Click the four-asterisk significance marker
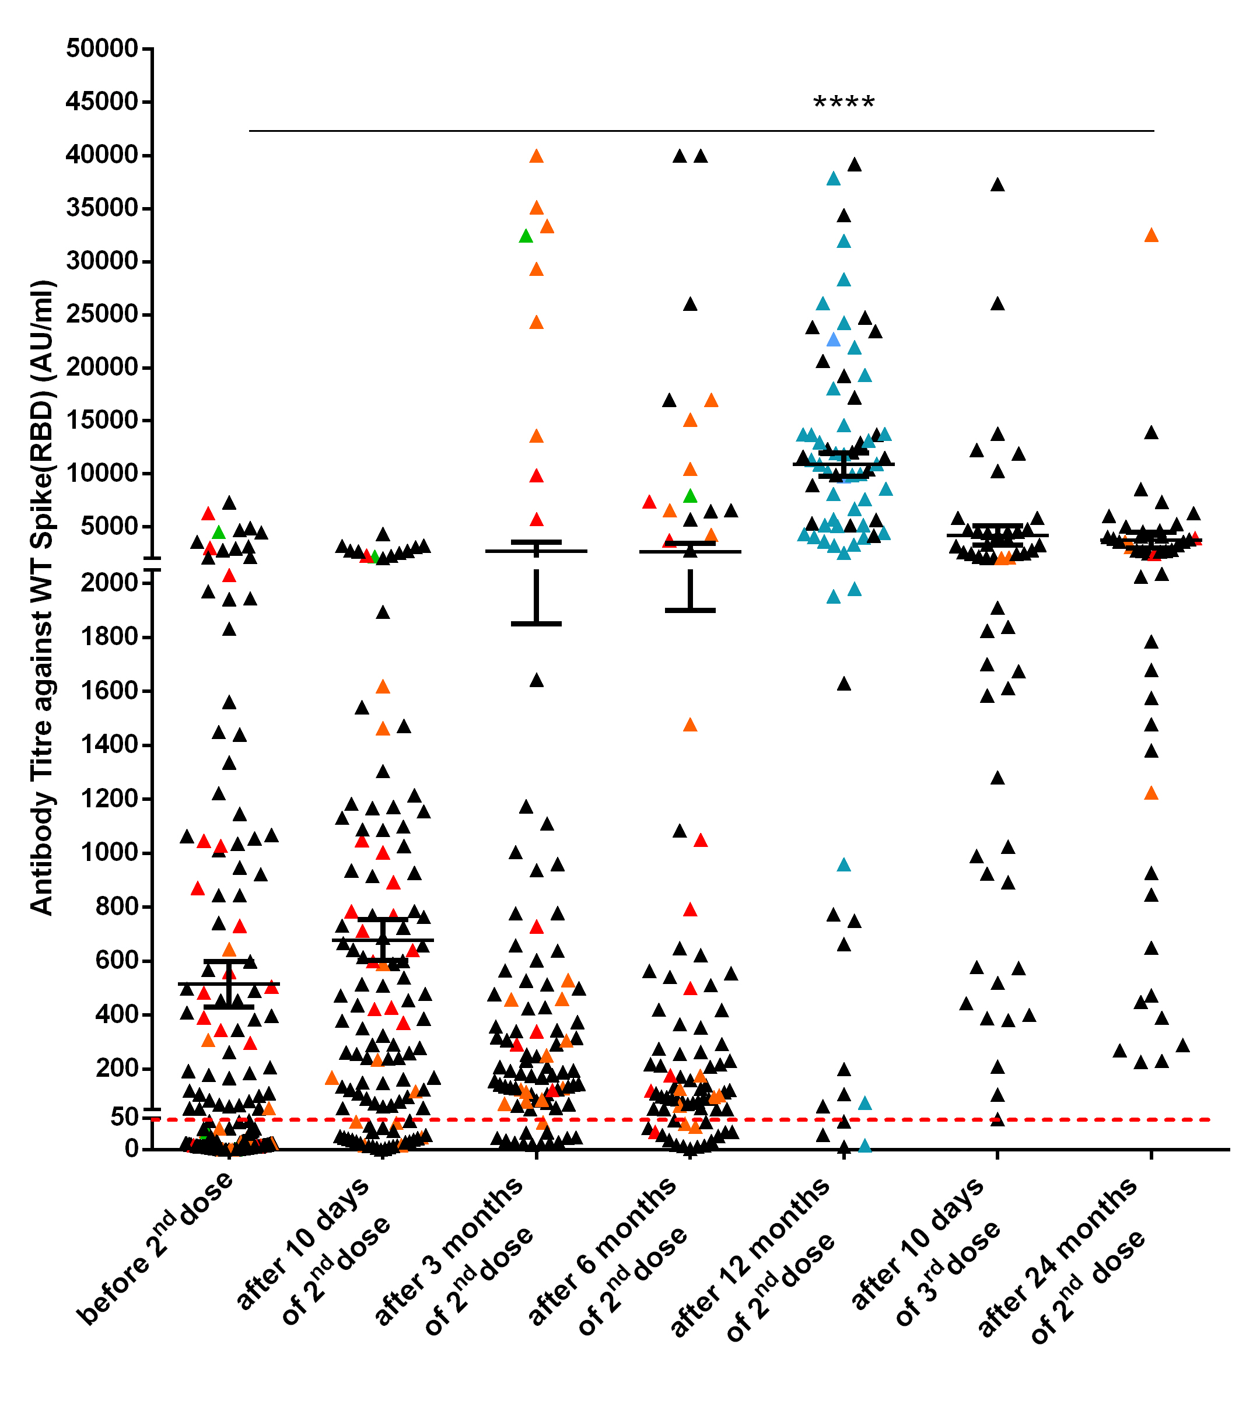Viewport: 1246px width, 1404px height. pyautogui.click(x=843, y=104)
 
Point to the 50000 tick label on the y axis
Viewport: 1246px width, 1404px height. pyautogui.click(x=102, y=49)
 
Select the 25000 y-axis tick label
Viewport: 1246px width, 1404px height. pyautogui.click(x=102, y=314)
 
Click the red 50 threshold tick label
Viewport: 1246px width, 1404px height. pyautogui.click(x=124, y=1118)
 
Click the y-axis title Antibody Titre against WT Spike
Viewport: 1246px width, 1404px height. pyautogui.click(x=43, y=598)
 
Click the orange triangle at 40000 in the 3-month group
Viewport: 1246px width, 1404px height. pyautogui.click(x=537, y=156)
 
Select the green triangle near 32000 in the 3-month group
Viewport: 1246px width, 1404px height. pyautogui.click(x=526, y=236)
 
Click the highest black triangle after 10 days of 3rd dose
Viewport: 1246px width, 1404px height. pyautogui.click(x=998, y=185)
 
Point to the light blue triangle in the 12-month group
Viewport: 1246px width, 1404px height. pyautogui.click(x=833, y=340)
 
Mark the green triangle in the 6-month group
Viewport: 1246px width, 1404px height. pyautogui.click(x=690, y=496)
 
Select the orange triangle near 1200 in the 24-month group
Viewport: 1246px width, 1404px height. pyautogui.click(x=1151, y=794)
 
